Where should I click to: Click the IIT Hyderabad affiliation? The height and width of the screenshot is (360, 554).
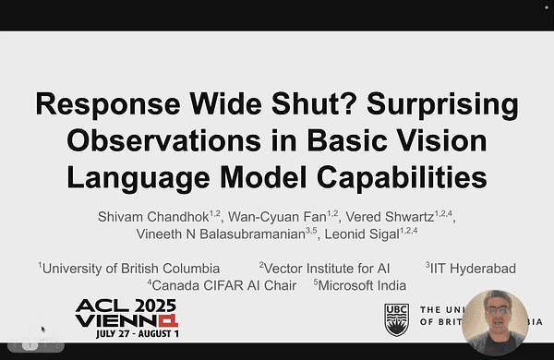point(473,269)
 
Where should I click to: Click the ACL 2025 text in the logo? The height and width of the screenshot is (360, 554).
point(126,306)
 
